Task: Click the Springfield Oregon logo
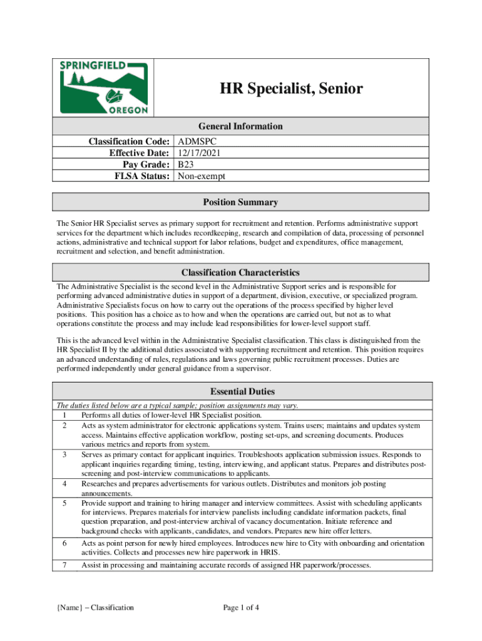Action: [104, 88]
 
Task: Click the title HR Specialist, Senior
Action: [290, 89]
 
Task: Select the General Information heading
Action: [241, 126]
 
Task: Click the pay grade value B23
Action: [185, 165]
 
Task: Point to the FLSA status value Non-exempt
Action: [201, 176]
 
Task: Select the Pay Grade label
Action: [144, 165]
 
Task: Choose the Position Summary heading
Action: [240, 202]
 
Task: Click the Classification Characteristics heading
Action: [240, 272]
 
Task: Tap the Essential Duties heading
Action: [242, 392]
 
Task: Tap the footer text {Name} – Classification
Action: [95, 607]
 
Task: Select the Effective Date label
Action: [139, 153]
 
